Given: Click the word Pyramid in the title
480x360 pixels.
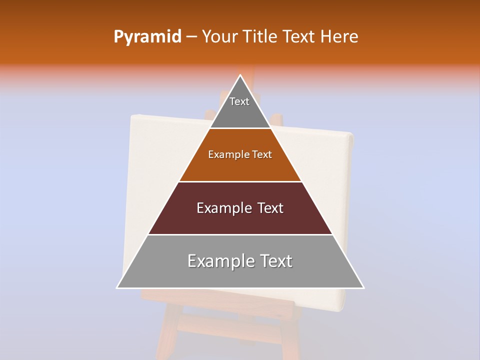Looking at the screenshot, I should tap(147, 37).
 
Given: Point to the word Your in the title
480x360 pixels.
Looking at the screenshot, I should tap(220, 37).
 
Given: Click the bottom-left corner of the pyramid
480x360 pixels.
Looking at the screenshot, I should tap(117, 288).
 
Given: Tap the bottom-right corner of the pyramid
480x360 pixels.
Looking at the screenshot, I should tap(363, 288).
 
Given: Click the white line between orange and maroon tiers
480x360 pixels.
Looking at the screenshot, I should tap(240, 181).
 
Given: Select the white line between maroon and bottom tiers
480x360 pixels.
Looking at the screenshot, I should tap(240, 234).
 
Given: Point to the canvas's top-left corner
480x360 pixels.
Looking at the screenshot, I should tap(131, 116).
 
